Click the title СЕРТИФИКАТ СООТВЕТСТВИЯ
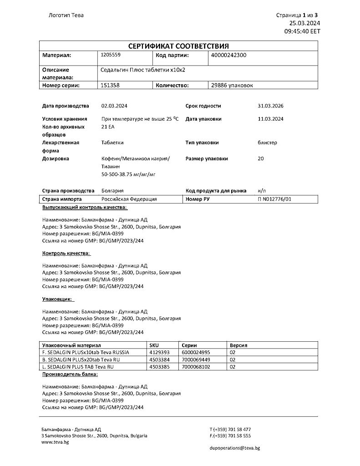point(178,46)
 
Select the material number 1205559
point(110,55)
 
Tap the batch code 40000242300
point(229,55)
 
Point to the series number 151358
point(110,85)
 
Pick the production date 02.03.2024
point(114,106)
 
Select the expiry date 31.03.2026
point(271,106)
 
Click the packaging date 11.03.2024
point(271,119)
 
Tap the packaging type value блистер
point(267,142)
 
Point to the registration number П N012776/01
point(274,199)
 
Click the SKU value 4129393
point(159,352)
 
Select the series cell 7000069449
point(196,360)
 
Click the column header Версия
point(239,345)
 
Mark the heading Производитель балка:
point(70,374)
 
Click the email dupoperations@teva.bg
point(235,448)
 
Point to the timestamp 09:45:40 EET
point(302,31)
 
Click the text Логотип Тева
point(66,15)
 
